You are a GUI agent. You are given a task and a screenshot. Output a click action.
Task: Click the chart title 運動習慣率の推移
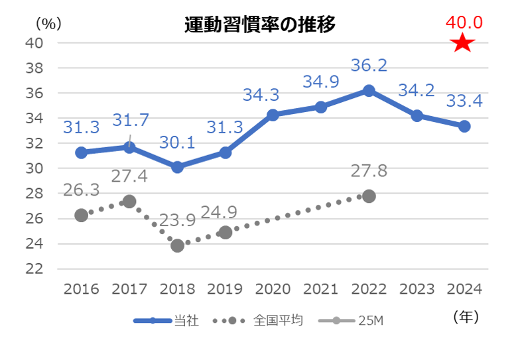point(259,25)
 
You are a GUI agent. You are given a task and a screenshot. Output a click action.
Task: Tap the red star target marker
point(463,44)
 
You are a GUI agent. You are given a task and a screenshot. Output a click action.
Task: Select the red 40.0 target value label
point(464,23)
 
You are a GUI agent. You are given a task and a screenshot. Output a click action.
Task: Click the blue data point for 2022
point(369,90)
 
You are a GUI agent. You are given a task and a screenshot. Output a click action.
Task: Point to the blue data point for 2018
point(177,167)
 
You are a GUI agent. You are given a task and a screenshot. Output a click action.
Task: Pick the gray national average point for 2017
point(129,202)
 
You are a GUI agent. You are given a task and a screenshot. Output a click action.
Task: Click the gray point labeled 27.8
point(369,196)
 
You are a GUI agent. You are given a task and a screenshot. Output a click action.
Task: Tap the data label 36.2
point(369,66)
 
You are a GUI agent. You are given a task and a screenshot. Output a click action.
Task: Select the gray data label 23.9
point(177,221)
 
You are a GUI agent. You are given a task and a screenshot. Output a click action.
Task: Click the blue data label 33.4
point(464,101)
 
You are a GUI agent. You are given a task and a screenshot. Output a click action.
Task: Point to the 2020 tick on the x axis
point(273,289)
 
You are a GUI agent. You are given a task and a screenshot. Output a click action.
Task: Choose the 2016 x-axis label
point(81,289)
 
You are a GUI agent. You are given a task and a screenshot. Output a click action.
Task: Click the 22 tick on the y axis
point(35,269)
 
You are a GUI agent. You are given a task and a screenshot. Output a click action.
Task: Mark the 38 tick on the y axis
point(35,68)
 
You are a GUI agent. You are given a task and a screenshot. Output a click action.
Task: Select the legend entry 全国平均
point(278,321)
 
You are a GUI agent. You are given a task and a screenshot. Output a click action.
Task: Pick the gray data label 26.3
point(81,190)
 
